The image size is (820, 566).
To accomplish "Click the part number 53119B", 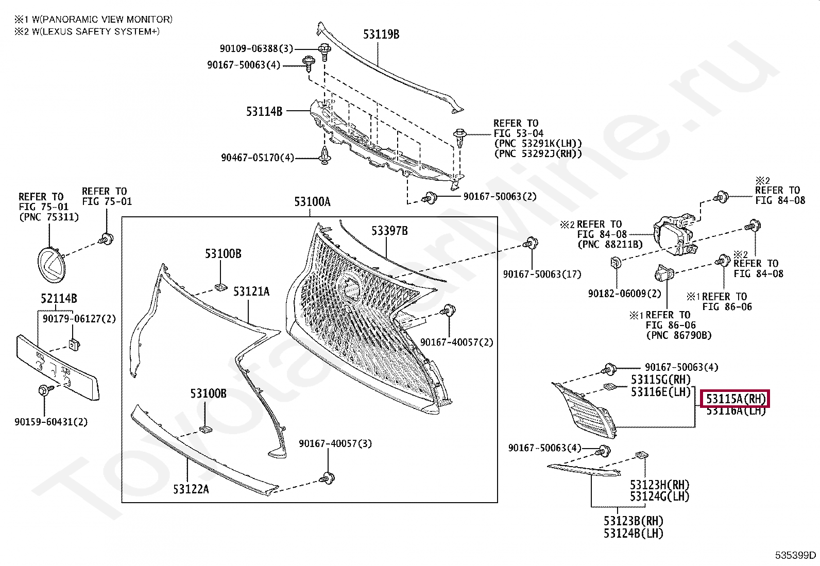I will [x=381, y=35].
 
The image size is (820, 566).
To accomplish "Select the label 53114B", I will [x=264, y=111].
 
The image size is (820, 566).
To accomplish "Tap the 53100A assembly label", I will [x=312, y=202].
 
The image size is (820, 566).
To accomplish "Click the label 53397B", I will [x=389, y=231].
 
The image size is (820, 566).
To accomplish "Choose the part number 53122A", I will [x=191, y=489].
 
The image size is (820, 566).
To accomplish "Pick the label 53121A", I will [x=251, y=292].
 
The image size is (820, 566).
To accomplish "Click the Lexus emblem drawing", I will [x=51, y=265].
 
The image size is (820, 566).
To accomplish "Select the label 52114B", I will [x=59, y=299].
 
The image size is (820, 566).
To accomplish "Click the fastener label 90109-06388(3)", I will [x=256, y=49].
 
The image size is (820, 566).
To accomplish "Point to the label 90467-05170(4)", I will [x=257, y=158].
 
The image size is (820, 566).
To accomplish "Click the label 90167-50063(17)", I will [x=542, y=275].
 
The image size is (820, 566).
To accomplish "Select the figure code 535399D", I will [x=795, y=555].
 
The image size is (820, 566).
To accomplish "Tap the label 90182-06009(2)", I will [x=624, y=294].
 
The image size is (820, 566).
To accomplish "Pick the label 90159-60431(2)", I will [x=51, y=422].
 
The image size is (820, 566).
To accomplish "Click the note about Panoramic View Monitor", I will [x=93, y=20].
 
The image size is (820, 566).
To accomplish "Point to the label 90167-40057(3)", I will [x=335, y=444].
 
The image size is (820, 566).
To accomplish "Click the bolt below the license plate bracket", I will [x=44, y=391].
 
